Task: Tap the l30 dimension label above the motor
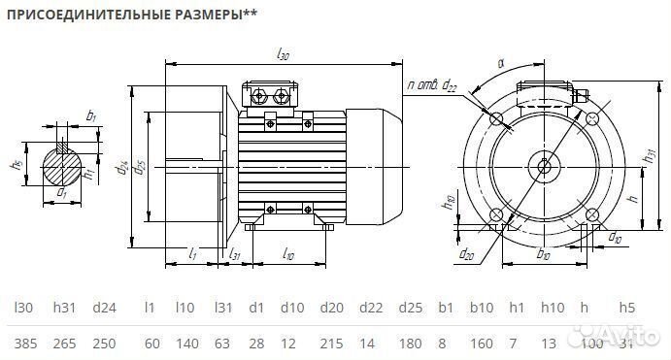pyautogui.click(x=284, y=57)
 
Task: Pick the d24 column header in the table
pyautogui.click(x=104, y=309)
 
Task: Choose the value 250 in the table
pyautogui.click(x=104, y=345)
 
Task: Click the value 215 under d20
pyautogui.click(x=333, y=345)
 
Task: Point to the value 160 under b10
pyautogui.click(x=482, y=345)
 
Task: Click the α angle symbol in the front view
pyautogui.click(x=501, y=64)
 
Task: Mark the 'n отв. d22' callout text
pyautogui.click(x=433, y=87)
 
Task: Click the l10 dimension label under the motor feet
pyautogui.click(x=288, y=253)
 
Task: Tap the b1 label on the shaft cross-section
pyautogui.click(x=90, y=115)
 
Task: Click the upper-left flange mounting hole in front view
pyautogui.click(x=497, y=119)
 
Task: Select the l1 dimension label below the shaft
pyautogui.click(x=193, y=254)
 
